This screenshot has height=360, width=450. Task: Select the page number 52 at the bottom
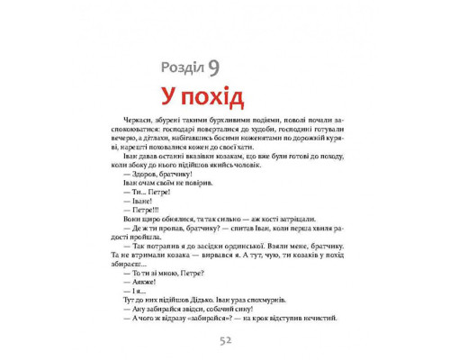pyautogui.click(x=224, y=340)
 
